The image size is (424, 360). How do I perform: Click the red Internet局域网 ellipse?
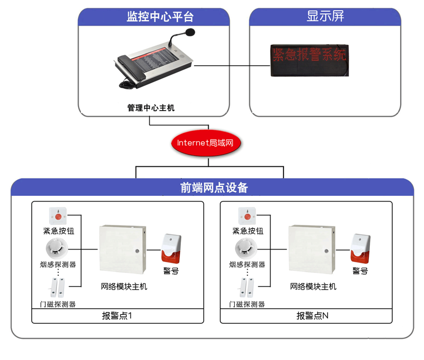[209, 143]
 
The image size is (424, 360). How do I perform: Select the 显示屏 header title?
[325, 16]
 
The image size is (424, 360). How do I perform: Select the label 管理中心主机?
[151, 108]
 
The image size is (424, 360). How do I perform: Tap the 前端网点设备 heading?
[214, 188]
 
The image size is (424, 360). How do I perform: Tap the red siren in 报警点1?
[171, 249]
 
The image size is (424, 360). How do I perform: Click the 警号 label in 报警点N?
[360, 271]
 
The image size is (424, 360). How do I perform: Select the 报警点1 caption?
[117, 316]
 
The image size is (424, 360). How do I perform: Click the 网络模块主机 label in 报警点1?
[124, 287]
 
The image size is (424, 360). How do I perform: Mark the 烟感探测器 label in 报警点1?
[59, 264]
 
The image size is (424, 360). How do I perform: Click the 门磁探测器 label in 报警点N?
[247, 304]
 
